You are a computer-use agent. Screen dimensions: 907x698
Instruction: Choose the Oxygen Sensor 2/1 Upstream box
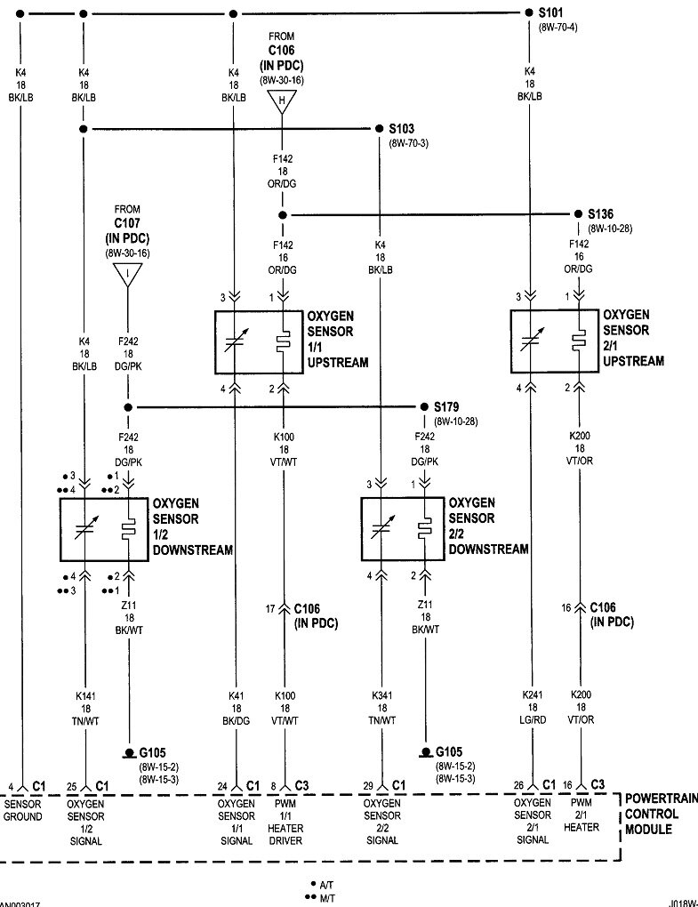coord(553,341)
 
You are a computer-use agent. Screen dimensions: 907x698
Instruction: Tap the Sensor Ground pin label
coord(22,810)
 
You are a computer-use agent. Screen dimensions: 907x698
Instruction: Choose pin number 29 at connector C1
coord(367,786)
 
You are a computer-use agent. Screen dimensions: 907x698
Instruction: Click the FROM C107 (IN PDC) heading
coord(127,226)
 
